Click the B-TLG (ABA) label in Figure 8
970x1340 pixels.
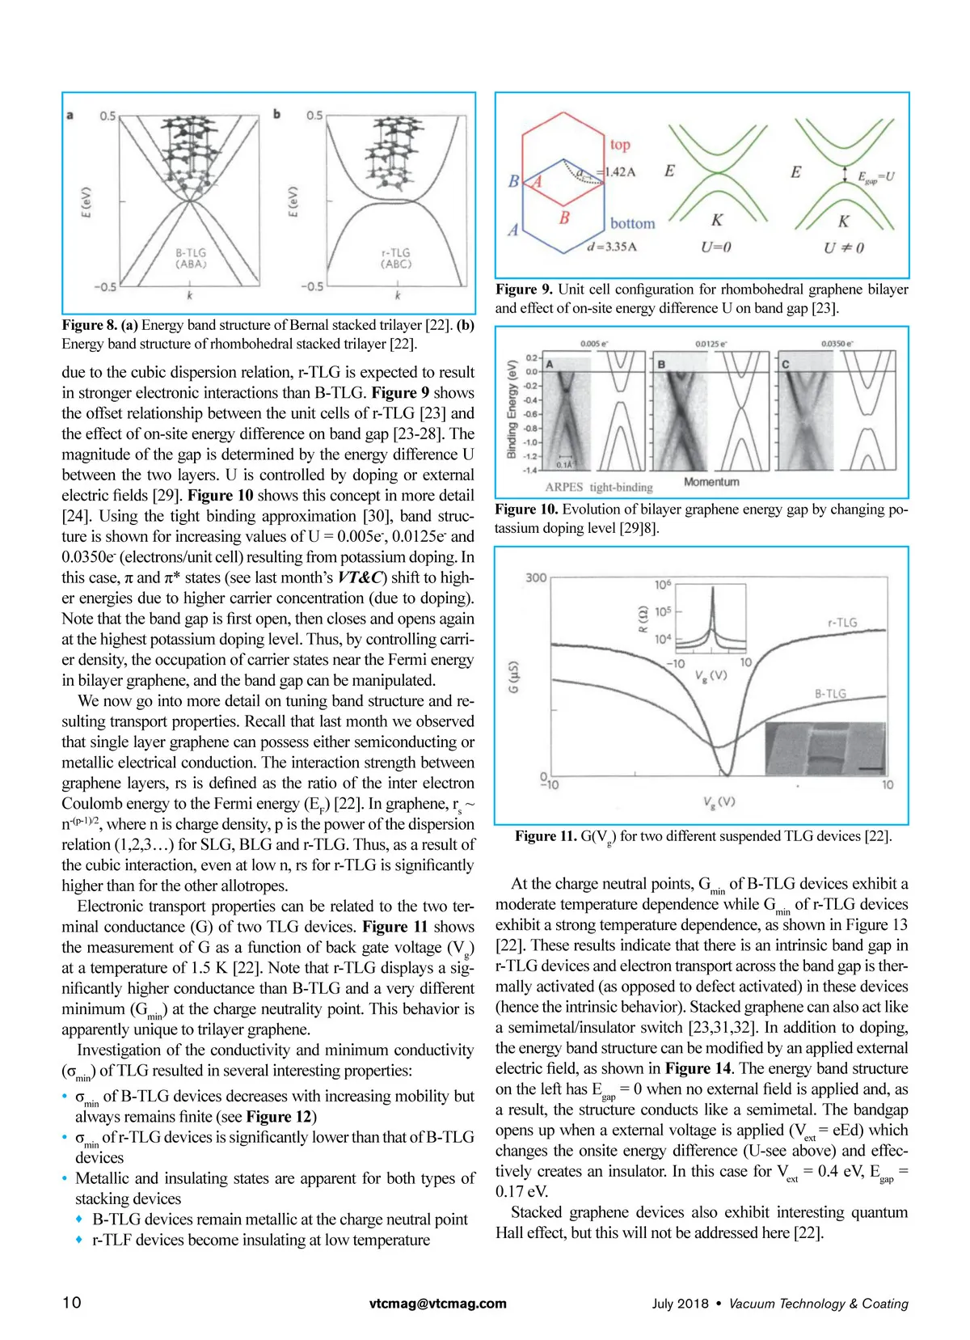coord(191,259)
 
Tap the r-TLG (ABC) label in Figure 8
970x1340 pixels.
coord(396,259)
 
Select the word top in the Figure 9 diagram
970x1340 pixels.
coord(620,145)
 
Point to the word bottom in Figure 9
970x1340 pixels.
coord(633,224)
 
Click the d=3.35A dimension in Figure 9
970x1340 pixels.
coord(612,247)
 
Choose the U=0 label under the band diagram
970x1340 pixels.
coord(716,247)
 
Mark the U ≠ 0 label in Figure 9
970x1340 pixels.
coord(844,247)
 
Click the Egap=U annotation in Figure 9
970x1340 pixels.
coord(876,177)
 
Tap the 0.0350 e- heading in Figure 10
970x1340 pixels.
coord(837,344)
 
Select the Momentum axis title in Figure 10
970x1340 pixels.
coord(711,481)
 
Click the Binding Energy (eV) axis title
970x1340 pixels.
coord(512,409)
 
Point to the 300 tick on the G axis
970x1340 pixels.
coord(536,577)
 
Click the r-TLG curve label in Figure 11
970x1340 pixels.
coord(842,622)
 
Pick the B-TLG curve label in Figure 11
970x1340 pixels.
coord(831,693)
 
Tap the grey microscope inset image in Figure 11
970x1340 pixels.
coord(825,749)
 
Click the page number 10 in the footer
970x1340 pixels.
coord(72,1302)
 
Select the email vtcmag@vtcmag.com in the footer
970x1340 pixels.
coord(438,1304)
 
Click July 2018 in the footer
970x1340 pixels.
coord(680,1304)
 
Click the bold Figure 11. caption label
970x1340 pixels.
coord(546,835)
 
